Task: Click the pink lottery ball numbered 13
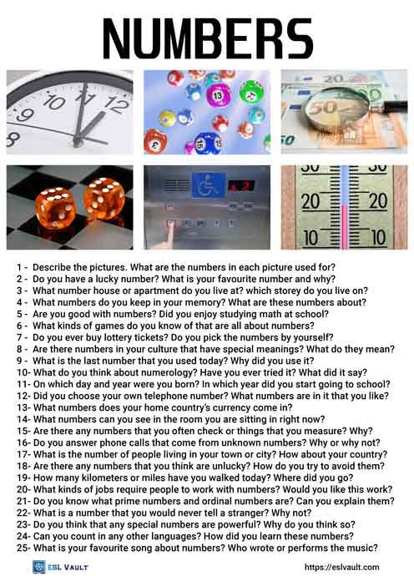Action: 220,96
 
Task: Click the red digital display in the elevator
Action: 241,184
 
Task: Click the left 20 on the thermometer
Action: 310,201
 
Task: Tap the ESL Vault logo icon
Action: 38,567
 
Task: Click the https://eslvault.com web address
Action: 341,568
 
